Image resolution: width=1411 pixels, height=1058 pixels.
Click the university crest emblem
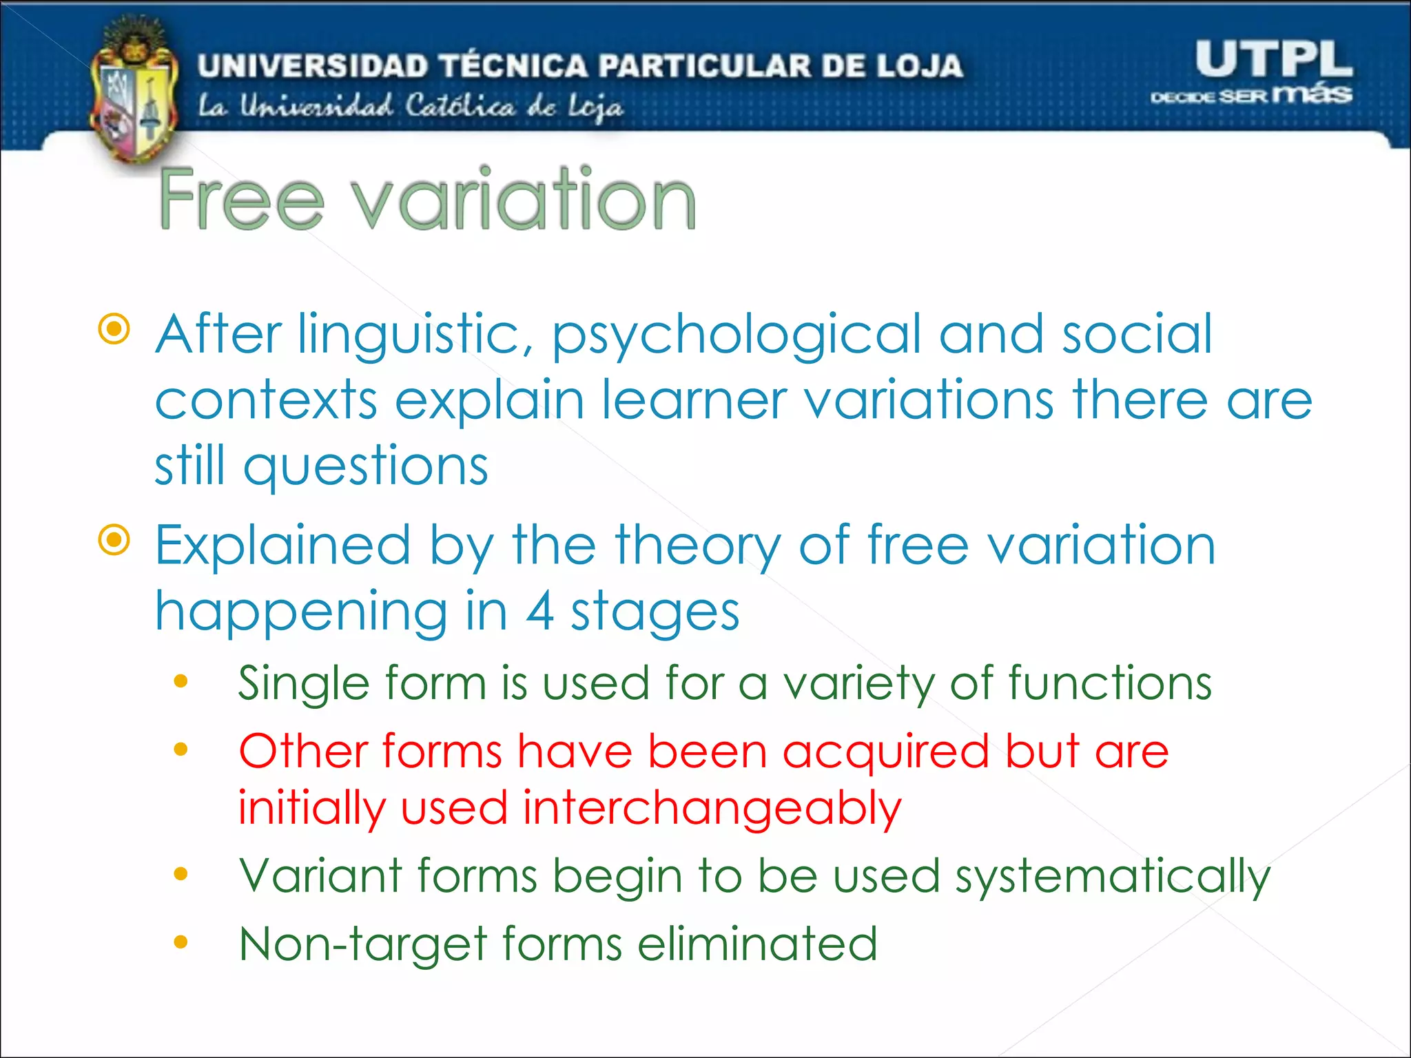click(133, 93)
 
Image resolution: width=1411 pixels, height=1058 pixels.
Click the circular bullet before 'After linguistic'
click(114, 329)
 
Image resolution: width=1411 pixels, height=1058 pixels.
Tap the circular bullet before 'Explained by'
click(114, 540)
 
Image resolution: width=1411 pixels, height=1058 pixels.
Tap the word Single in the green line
click(303, 685)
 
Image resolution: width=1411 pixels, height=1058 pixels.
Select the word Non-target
click(363, 945)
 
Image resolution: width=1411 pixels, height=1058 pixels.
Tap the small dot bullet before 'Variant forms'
click(181, 874)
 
